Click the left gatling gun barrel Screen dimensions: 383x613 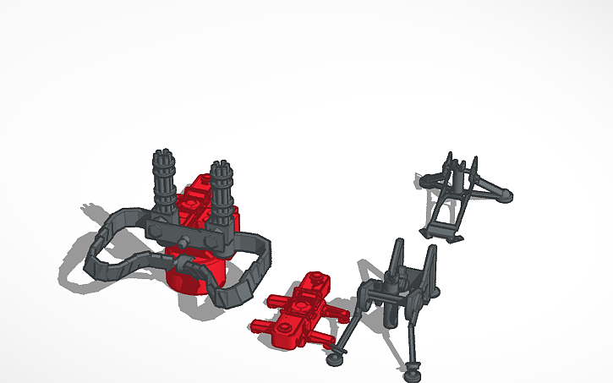pyautogui.click(x=164, y=182)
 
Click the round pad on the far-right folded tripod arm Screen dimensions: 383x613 pyautogui.click(x=505, y=196)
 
